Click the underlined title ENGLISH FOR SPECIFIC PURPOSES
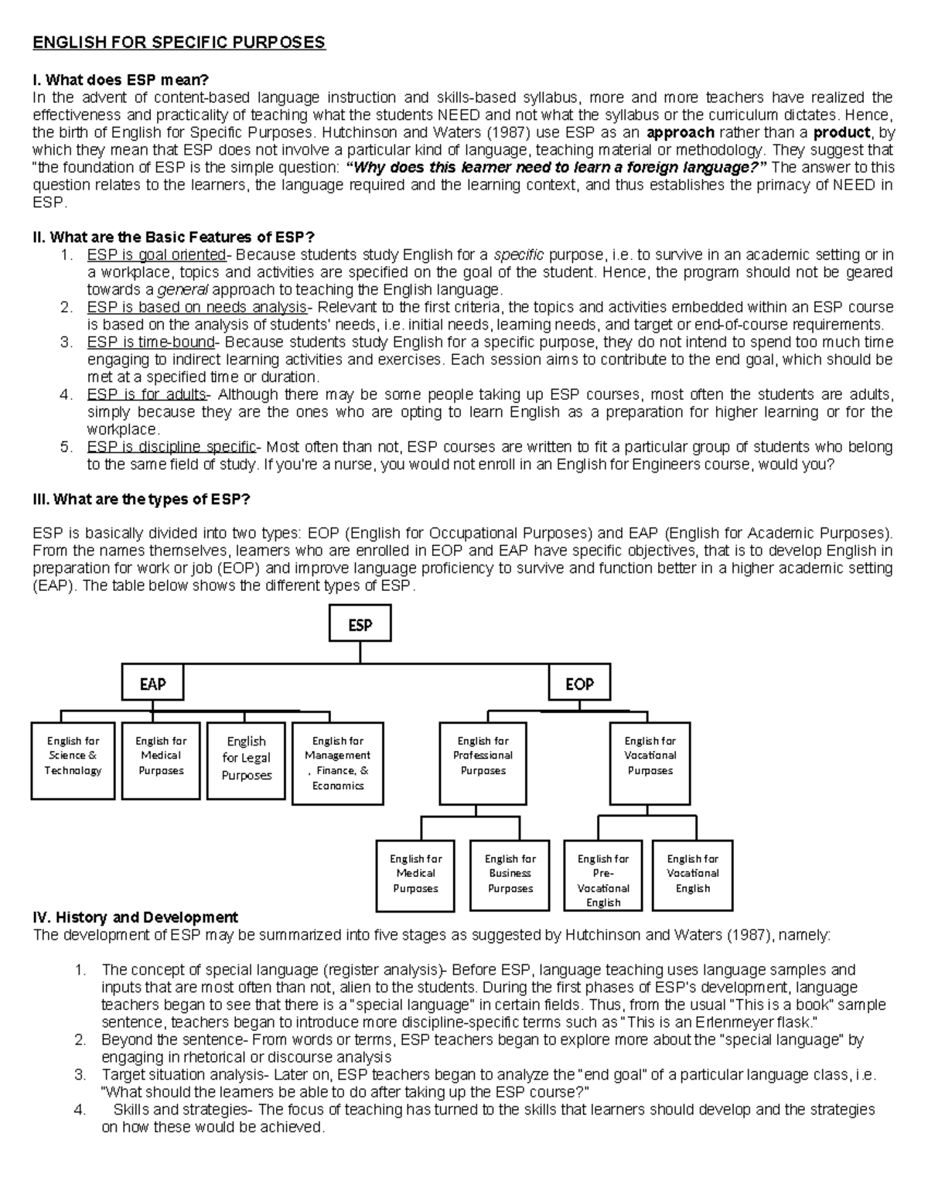[179, 43]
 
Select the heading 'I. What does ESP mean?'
[121, 80]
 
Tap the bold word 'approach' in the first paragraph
[681, 132]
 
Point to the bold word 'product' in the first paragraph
[842, 132]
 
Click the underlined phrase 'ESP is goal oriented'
[156, 255]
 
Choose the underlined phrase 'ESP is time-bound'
[151, 343]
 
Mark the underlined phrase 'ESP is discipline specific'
[172, 447]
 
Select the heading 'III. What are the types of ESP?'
[142, 500]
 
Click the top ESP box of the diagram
[360, 624]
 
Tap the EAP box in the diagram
[152, 684]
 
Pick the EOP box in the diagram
[579, 684]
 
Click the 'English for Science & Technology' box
[73, 760]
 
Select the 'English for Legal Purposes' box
[247, 760]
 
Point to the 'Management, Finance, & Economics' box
[338, 763]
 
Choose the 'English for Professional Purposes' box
[483, 763]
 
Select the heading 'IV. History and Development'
[135, 918]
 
